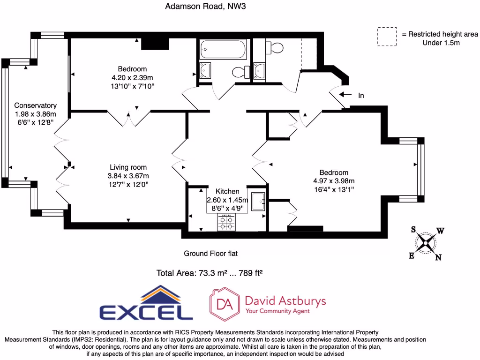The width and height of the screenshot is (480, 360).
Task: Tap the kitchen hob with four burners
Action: (227, 222)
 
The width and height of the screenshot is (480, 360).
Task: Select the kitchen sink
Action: (258, 202)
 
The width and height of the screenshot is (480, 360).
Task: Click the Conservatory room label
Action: (35, 105)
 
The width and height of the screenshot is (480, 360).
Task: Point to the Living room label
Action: (128, 167)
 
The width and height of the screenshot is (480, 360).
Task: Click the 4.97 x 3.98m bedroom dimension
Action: (334, 181)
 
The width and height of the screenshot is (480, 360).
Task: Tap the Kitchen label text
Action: (227, 191)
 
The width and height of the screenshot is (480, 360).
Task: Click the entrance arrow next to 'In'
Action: (345, 95)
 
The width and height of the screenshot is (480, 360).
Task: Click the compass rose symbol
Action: (426, 242)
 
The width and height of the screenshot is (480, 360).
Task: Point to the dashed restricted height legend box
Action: (387, 37)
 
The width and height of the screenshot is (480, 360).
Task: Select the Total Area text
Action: (209, 273)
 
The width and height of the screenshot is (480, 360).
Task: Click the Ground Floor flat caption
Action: (210, 254)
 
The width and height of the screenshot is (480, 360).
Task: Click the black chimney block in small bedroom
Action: (155, 43)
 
